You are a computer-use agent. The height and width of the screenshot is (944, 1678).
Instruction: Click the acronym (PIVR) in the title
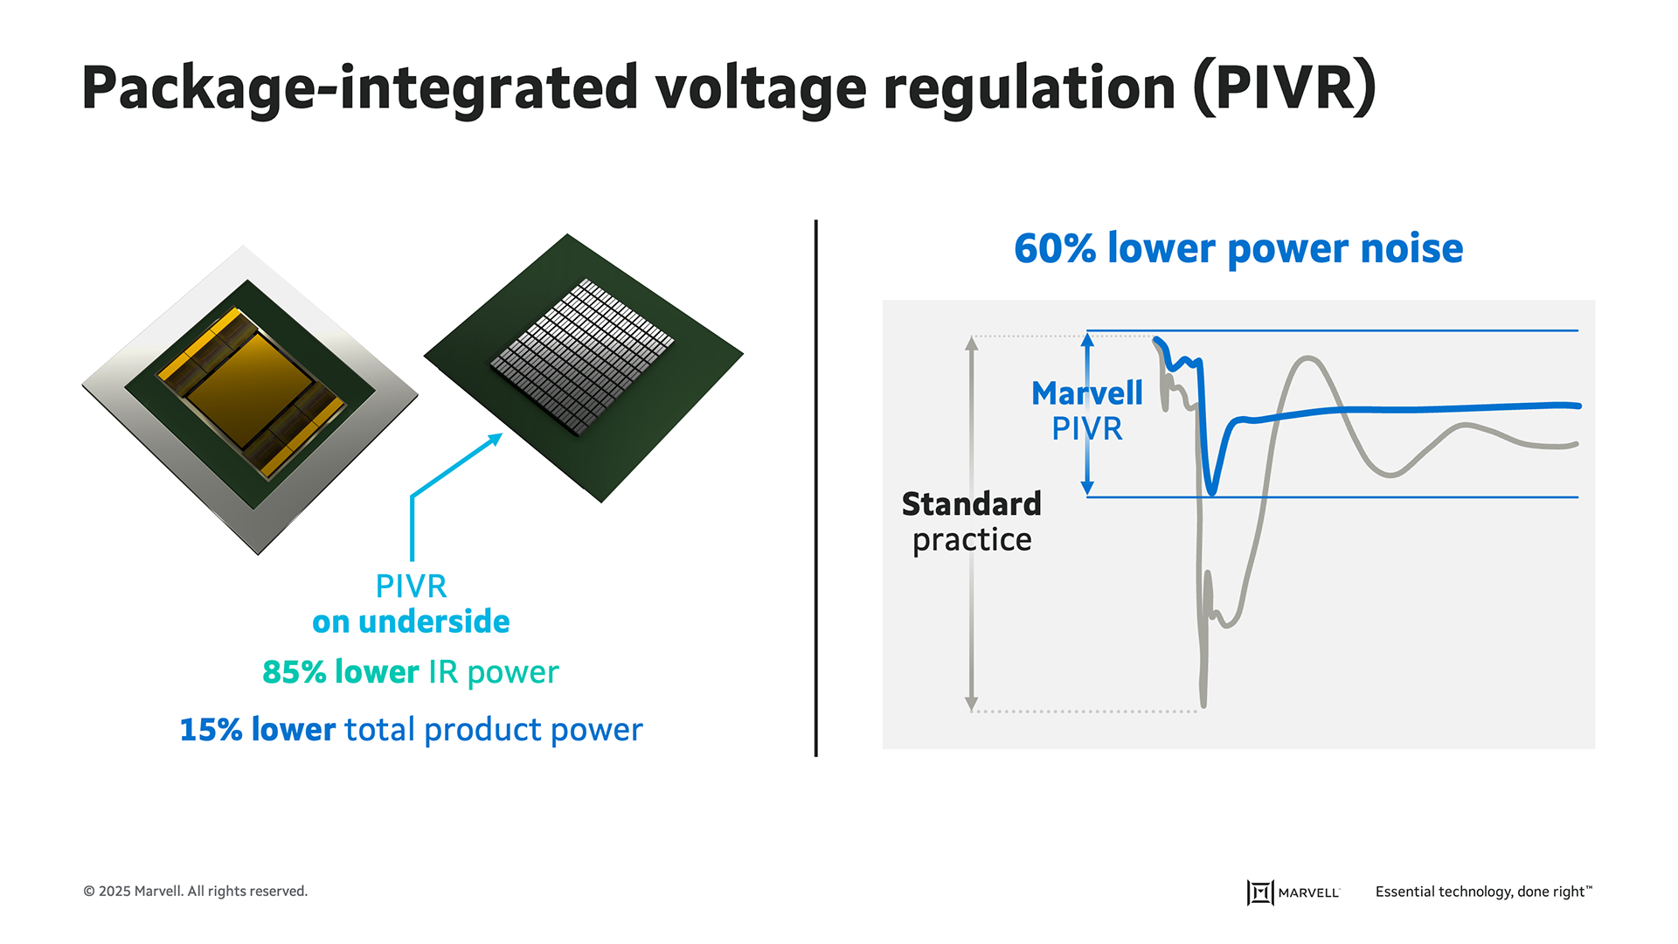1285,88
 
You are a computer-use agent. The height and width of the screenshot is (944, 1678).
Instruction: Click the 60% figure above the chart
1055,248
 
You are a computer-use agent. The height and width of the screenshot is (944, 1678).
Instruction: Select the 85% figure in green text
295,672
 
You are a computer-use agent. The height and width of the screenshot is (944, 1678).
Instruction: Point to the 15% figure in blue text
211,730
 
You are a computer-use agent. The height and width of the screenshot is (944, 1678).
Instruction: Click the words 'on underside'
411,621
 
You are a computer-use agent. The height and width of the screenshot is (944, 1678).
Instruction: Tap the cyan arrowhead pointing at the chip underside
496,439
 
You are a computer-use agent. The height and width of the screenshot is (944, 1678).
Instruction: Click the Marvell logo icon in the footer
1259,892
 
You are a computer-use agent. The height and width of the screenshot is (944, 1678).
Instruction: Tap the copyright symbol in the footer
89,892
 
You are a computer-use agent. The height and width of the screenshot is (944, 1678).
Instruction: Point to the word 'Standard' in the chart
971,504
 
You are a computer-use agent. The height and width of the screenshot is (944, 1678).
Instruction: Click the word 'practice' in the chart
972,540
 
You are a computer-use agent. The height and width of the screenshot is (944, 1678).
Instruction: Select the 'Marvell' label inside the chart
1086,393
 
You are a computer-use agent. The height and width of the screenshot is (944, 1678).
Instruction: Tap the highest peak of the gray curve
1307,358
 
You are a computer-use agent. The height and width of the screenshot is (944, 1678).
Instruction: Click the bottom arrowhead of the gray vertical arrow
971,704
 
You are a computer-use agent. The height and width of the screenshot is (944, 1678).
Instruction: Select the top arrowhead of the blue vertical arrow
1087,339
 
